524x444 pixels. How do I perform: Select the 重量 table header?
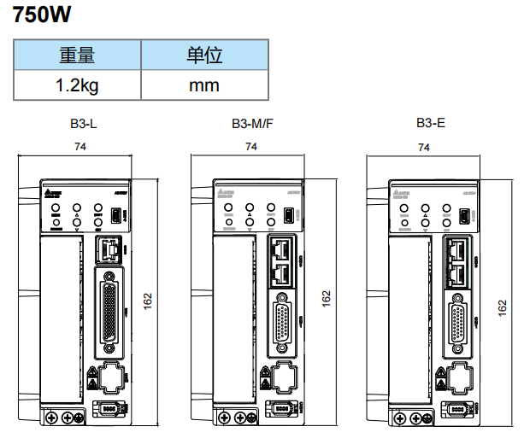point(77,56)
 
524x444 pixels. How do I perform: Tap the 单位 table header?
point(204,56)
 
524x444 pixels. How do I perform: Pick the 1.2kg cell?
point(77,85)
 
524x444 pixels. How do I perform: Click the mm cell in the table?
point(204,85)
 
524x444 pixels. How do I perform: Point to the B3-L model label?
point(83,124)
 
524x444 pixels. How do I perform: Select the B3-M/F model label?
point(252,124)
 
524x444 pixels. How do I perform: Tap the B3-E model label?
point(431,124)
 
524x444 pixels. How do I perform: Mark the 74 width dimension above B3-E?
point(422,147)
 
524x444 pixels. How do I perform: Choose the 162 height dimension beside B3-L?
point(148,301)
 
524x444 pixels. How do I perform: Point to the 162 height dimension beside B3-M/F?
point(325,301)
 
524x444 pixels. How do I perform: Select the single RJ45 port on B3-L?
point(108,250)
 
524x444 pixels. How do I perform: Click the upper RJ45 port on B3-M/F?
point(282,250)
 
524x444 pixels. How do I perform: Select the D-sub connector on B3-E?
point(458,322)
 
